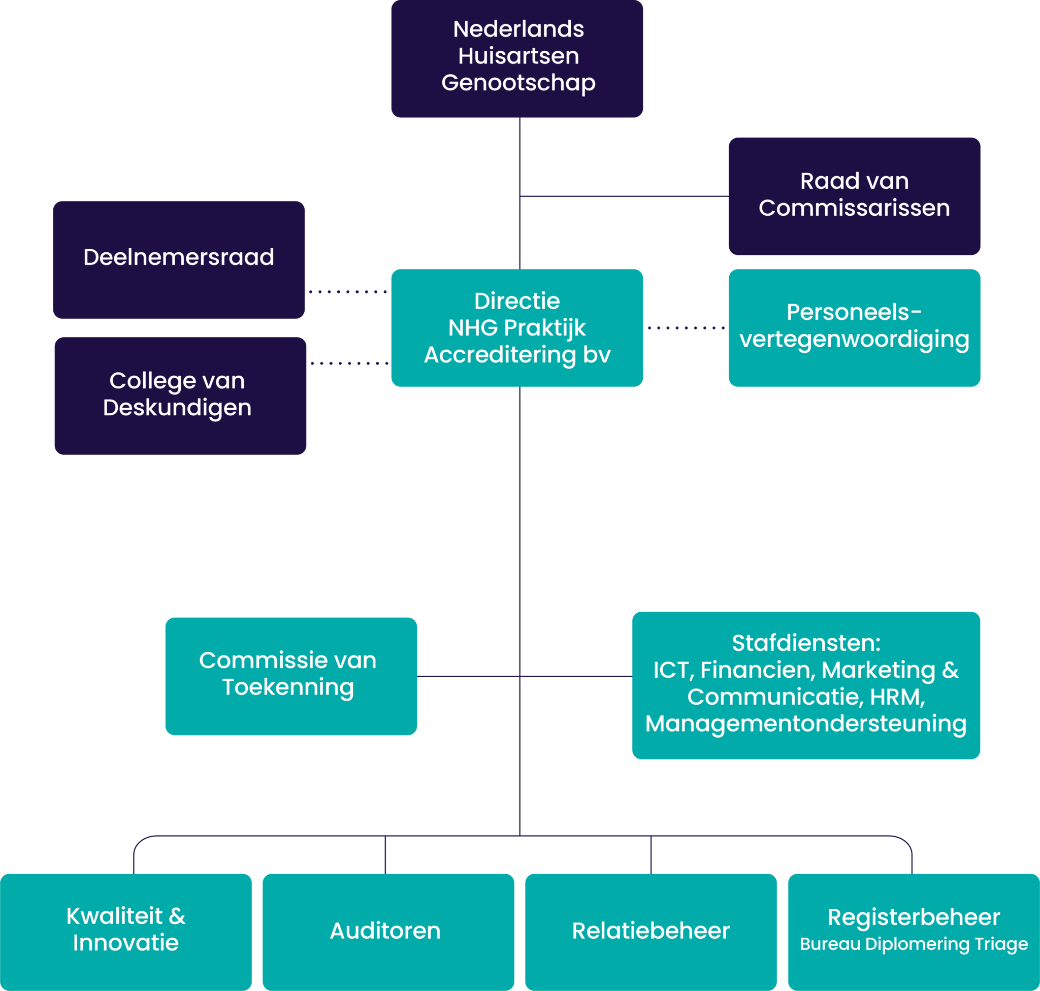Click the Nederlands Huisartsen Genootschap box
[x=517, y=58]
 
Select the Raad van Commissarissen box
[x=854, y=196]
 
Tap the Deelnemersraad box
[x=179, y=259]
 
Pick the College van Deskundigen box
[x=180, y=395]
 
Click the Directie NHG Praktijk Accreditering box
[x=517, y=327]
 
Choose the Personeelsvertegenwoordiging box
[x=854, y=327]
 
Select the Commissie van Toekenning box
[x=290, y=676]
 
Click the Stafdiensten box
[x=806, y=685]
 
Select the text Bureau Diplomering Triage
[x=914, y=944]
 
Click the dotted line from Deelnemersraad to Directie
[x=348, y=291]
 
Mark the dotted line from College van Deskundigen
[x=349, y=364]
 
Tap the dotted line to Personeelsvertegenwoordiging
[x=686, y=327]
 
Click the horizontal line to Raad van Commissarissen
[x=624, y=196]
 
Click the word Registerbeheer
[x=914, y=917]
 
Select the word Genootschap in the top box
[x=518, y=82]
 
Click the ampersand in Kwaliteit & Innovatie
[x=177, y=916]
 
